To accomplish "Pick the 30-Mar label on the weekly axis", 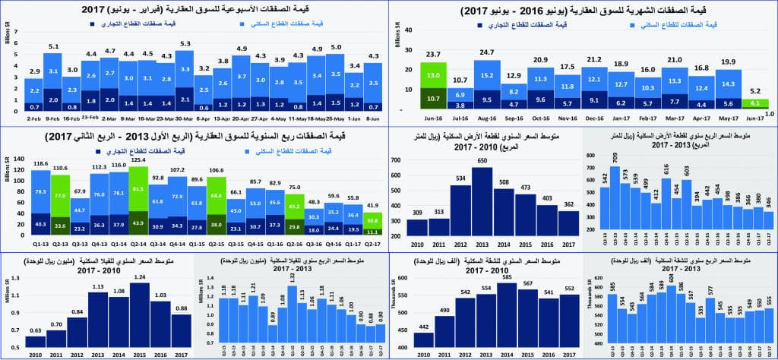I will tap(185, 117).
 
